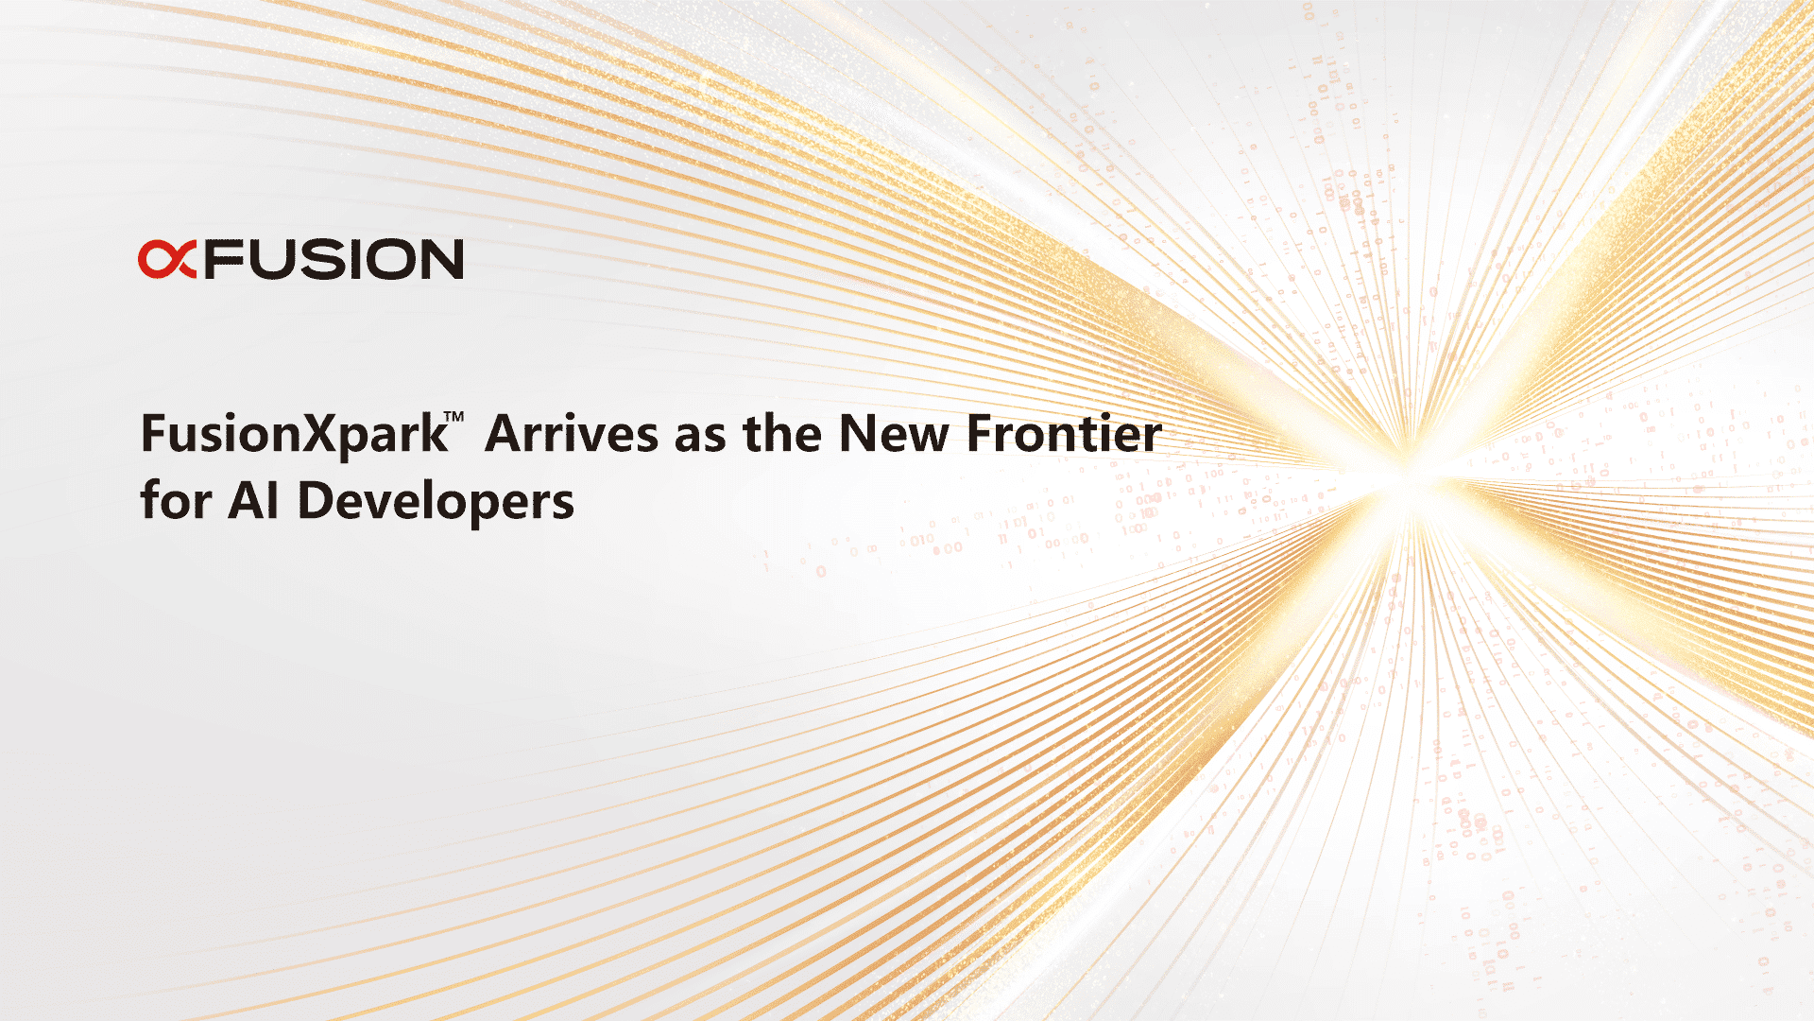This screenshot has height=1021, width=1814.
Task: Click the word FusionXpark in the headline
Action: pos(294,436)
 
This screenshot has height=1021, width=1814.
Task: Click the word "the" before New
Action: pos(782,434)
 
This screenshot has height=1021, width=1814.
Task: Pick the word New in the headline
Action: pos(895,434)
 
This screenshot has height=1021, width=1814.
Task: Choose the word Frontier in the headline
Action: pos(1064,434)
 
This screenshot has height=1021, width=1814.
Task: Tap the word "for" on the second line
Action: pos(176,500)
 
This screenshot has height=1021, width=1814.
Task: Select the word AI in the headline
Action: pos(254,500)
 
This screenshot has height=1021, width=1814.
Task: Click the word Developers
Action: pos(436,502)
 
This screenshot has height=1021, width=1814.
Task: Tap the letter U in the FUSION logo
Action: pos(271,259)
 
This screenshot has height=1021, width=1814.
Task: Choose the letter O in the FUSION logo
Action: pos(389,259)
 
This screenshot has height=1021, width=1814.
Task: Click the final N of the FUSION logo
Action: pos(441,259)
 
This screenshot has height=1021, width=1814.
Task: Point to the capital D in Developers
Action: pos(317,500)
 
